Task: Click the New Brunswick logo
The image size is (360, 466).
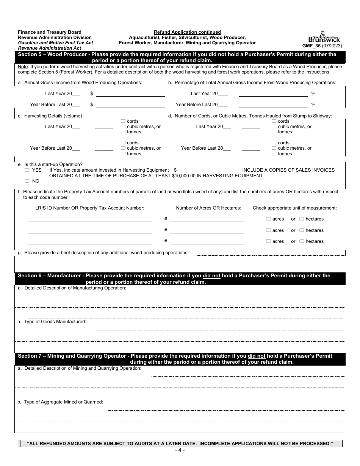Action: (324, 37)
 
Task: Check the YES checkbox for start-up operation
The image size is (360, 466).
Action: (27, 170)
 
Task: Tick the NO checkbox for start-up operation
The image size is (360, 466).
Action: (27, 181)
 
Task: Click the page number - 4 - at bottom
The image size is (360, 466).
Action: (180, 450)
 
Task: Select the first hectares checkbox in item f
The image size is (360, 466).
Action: (302, 219)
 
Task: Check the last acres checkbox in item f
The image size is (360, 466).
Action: (268, 241)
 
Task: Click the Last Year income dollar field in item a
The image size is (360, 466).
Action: (131, 94)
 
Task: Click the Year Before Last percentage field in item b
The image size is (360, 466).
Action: (273, 105)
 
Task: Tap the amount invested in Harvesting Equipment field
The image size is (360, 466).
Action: (213, 170)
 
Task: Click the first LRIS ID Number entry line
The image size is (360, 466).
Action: (89, 219)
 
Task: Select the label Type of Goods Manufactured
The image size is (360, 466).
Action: (52, 322)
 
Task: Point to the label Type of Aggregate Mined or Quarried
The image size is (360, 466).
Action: (60, 402)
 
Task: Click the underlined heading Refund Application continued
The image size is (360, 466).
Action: (187, 32)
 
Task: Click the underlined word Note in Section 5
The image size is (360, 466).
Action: (23, 67)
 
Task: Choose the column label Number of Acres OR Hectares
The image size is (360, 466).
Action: (208, 208)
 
